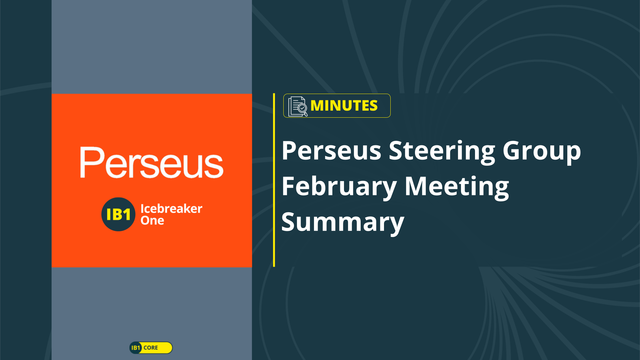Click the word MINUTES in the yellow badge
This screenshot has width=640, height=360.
coord(344,106)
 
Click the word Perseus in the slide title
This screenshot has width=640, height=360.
coord(331,151)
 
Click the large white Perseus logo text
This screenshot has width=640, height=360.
coord(152,162)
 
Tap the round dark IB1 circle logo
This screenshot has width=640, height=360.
coord(118,214)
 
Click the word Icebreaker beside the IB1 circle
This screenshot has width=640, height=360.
coord(171,209)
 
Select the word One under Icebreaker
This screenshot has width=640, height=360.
coord(152,220)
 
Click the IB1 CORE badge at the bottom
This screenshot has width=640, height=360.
coord(151,348)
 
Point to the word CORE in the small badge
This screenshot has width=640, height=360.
coord(151,348)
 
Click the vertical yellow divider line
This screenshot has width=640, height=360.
coord(274,180)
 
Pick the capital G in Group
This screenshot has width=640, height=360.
coord(512,151)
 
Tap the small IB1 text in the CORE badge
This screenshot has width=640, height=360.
coord(136,348)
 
